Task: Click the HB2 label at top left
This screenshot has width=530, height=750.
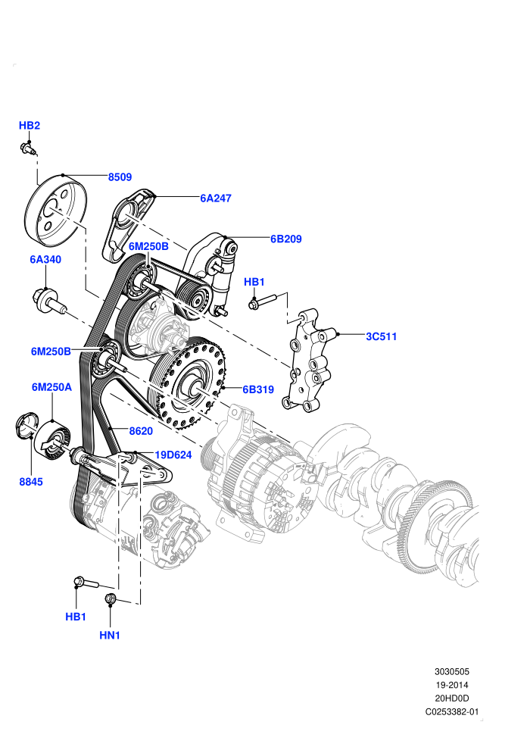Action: click(30, 125)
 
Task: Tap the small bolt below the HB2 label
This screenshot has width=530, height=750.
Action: click(28, 148)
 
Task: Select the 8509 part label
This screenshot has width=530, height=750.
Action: click(120, 177)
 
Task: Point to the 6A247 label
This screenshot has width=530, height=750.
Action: click(216, 198)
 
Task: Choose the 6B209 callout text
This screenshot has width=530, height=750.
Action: click(285, 239)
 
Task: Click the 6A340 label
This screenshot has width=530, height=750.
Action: click(45, 259)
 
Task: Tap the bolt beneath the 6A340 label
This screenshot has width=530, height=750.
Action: click(50, 302)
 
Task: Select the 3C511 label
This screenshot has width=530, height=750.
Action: click(382, 336)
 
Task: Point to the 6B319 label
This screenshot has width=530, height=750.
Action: click(258, 389)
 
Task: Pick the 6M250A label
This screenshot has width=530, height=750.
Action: click(51, 387)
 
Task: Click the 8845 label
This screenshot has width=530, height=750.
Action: click(31, 482)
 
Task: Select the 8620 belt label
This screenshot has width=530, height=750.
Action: click(141, 431)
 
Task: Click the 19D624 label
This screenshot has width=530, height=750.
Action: click(173, 455)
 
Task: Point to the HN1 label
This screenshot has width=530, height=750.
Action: click(110, 635)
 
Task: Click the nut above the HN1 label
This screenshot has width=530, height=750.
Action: click(110, 598)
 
